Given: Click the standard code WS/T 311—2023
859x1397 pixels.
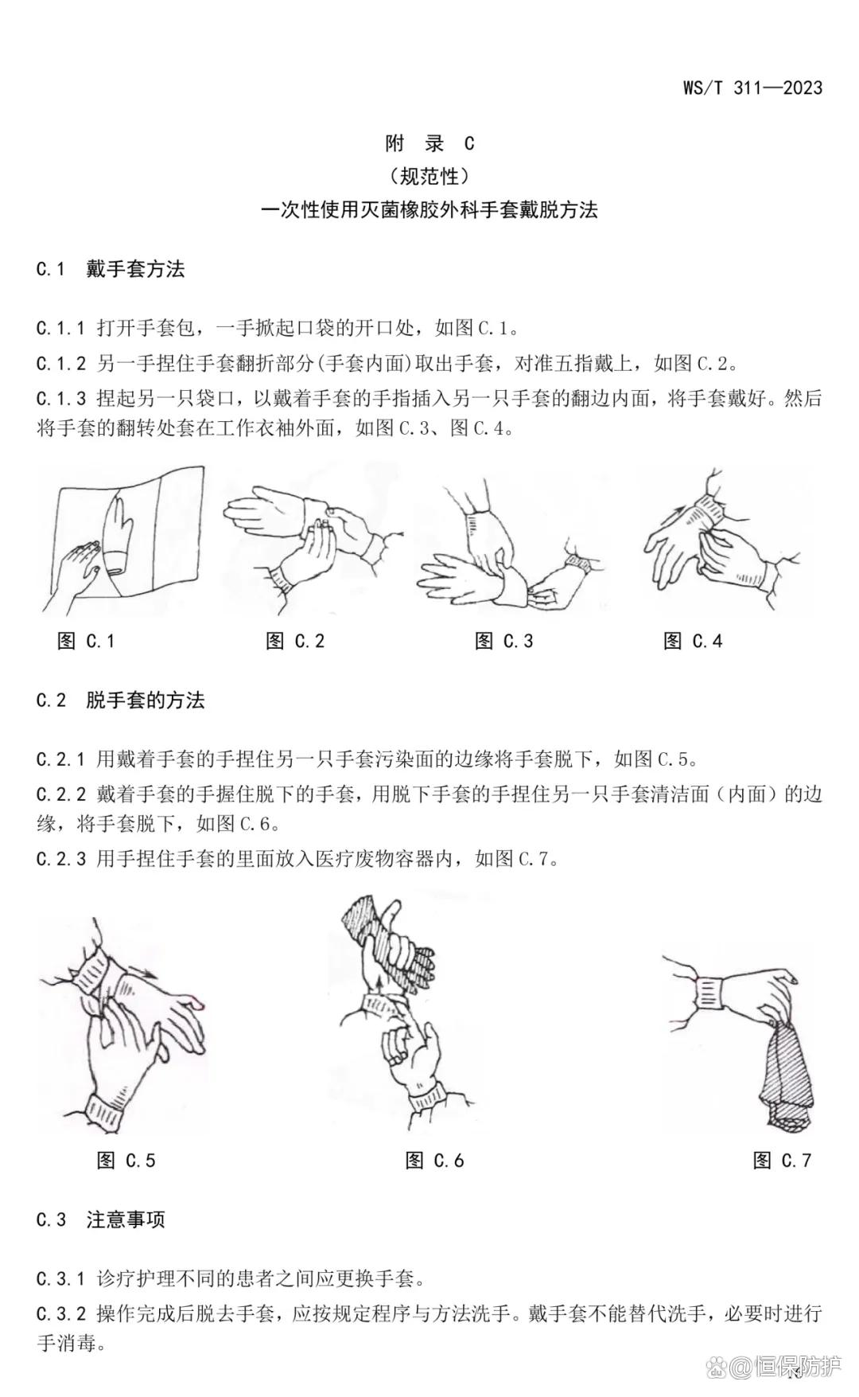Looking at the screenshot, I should tap(752, 88).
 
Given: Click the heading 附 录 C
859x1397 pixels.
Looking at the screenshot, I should tap(429, 143).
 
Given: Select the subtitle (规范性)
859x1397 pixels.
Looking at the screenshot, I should tap(429, 176).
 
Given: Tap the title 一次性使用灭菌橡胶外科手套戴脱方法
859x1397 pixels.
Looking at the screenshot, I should tap(429, 210).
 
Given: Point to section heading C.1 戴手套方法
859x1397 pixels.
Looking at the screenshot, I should tap(111, 269).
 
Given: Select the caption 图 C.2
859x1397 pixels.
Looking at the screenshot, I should tap(295, 641).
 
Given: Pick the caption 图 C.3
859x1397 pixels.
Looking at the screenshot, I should tap(503, 641).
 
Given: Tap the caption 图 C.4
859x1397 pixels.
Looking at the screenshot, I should tap(693, 641).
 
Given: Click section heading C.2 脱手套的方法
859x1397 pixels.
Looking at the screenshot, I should tap(121, 700).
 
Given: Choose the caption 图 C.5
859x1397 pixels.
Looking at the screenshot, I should tap(126, 1161).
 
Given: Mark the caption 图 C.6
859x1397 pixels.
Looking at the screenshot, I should tap(434, 1161).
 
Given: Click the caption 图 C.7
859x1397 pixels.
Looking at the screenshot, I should tap(782, 1161).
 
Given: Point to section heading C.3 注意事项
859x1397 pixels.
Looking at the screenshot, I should tap(101, 1219).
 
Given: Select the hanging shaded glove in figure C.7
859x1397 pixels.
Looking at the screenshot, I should tap(787, 1075).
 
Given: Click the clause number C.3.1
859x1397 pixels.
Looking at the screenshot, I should tap(60, 1279).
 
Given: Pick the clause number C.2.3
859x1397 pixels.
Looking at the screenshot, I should tap(60, 859).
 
